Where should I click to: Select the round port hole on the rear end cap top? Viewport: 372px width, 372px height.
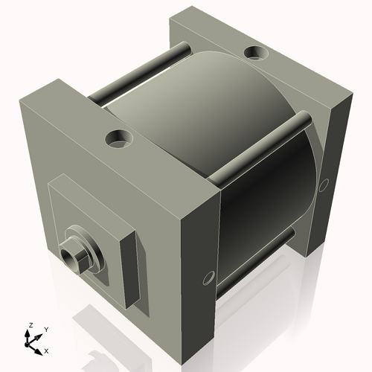click(256, 53)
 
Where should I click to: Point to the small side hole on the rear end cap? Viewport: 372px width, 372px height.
click(324, 184)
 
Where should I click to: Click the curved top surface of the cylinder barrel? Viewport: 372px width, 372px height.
click(201, 104)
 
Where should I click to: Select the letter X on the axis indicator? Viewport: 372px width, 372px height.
click(46, 350)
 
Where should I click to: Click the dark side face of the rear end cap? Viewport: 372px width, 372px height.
click(339, 171)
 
